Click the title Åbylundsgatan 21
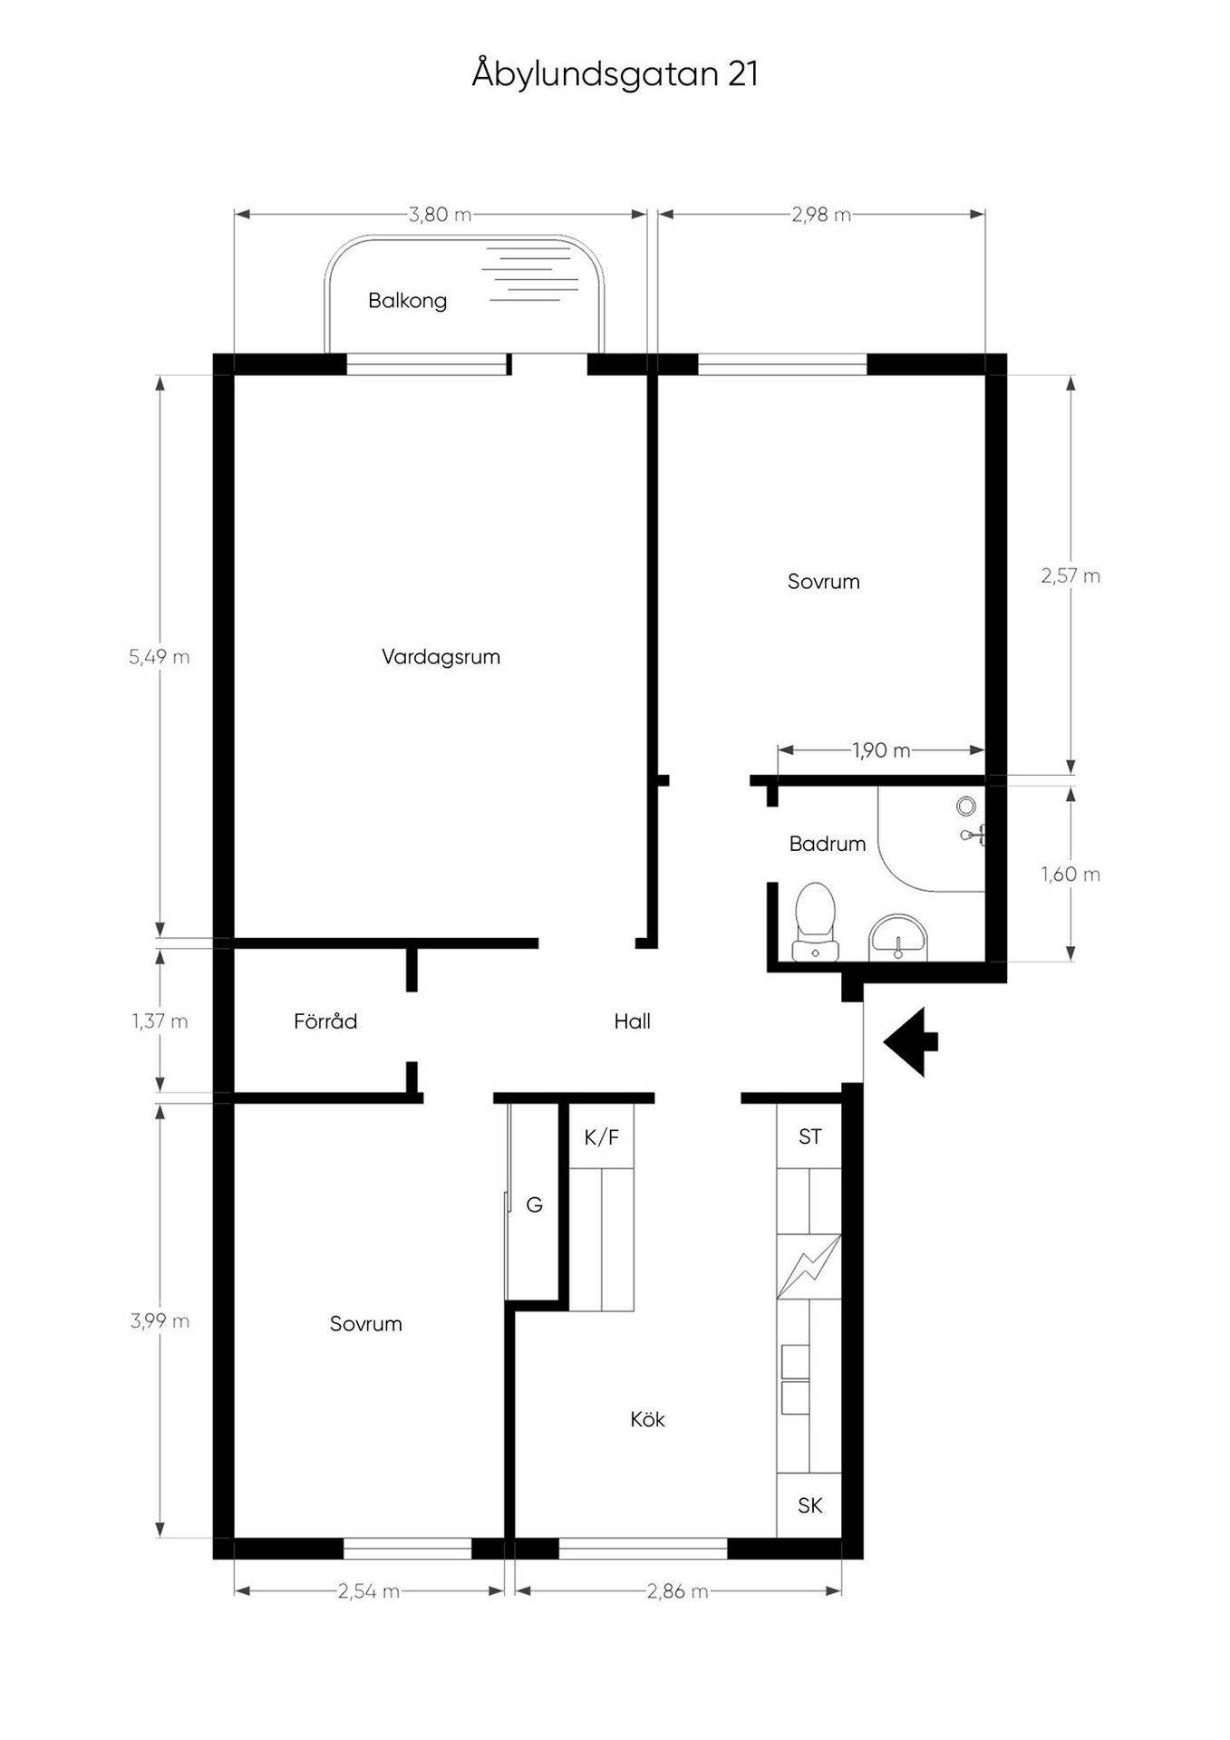coord(615,74)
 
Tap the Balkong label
coord(407,301)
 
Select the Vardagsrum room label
coord(441,657)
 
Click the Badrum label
coord(827,844)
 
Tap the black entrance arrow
coord(911,1041)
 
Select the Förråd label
coord(325,1021)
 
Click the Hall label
coord(632,1021)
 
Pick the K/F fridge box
coord(601,1136)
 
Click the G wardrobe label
coord(535,1204)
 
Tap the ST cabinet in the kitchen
coord(809,1136)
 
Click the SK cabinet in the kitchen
coord(809,1505)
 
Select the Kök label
coord(647,1419)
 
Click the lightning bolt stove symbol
coord(809,1267)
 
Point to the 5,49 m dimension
coord(160,657)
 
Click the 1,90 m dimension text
coord(881,750)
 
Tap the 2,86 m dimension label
coord(677,1591)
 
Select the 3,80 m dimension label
coord(441,215)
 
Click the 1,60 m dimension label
coord(1070,875)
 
